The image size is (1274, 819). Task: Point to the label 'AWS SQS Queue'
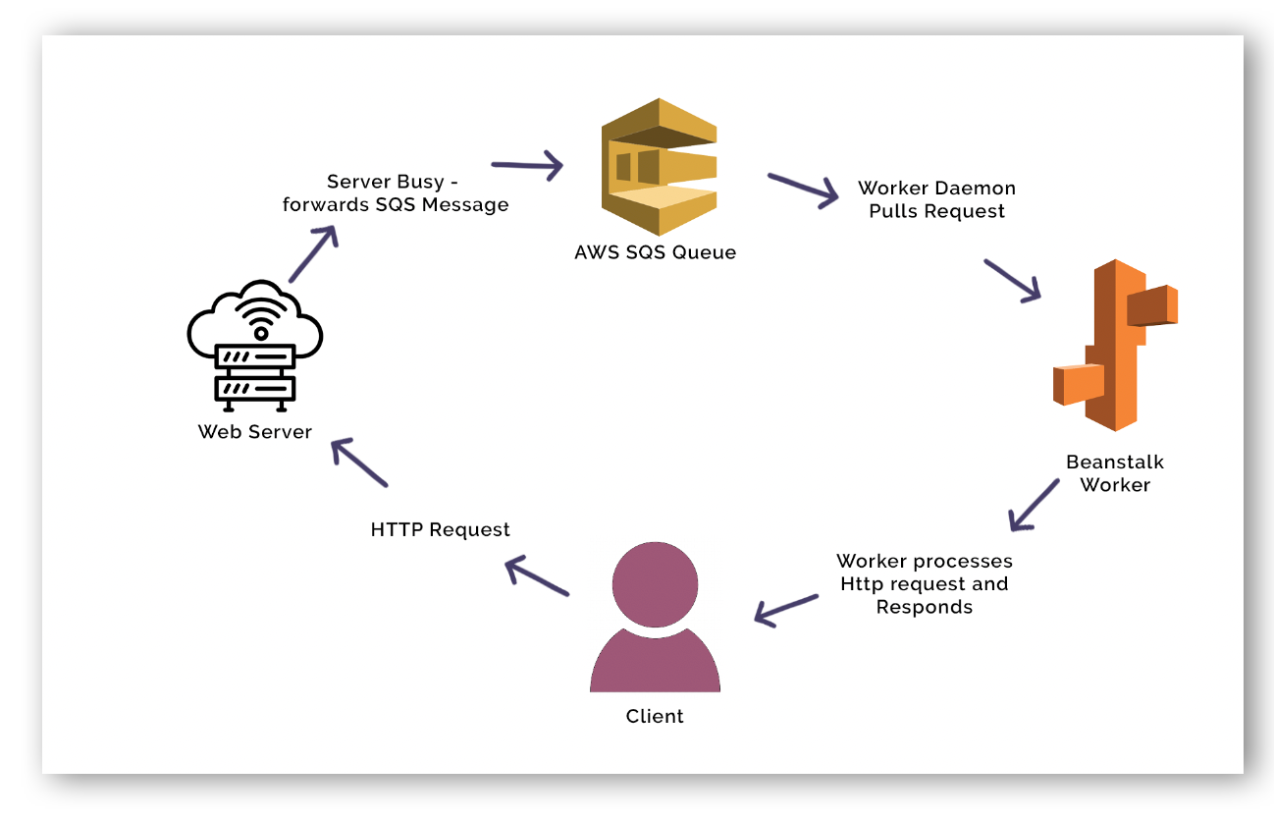[655, 252]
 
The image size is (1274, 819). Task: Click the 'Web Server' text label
[254, 431]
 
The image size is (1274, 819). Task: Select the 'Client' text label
[655, 716]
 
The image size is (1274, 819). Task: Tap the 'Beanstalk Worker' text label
[1115, 472]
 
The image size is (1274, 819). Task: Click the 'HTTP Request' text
[440, 529]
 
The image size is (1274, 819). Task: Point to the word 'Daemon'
[976, 188]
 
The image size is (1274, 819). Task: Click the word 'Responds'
[924, 607]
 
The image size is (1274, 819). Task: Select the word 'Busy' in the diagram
[420, 182]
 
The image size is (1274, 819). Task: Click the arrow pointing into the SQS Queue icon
[527, 166]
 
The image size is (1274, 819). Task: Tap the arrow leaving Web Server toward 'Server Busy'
[314, 253]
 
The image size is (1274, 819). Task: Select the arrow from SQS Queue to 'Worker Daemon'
[803, 190]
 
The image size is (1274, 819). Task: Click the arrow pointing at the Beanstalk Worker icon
[1012, 280]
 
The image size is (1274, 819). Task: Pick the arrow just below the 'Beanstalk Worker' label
[1034, 505]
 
